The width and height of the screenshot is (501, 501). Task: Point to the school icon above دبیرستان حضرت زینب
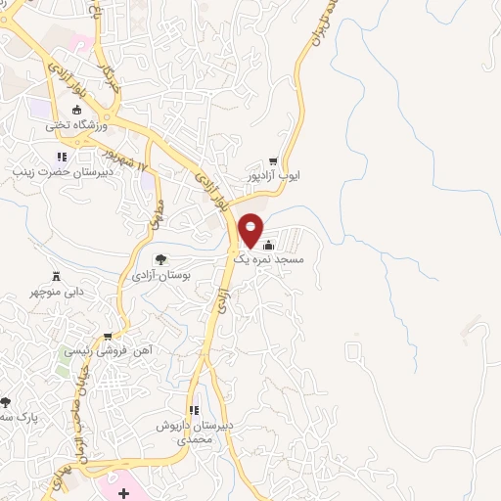tap(61, 157)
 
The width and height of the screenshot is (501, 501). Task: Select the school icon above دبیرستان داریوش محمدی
tap(194, 409)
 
